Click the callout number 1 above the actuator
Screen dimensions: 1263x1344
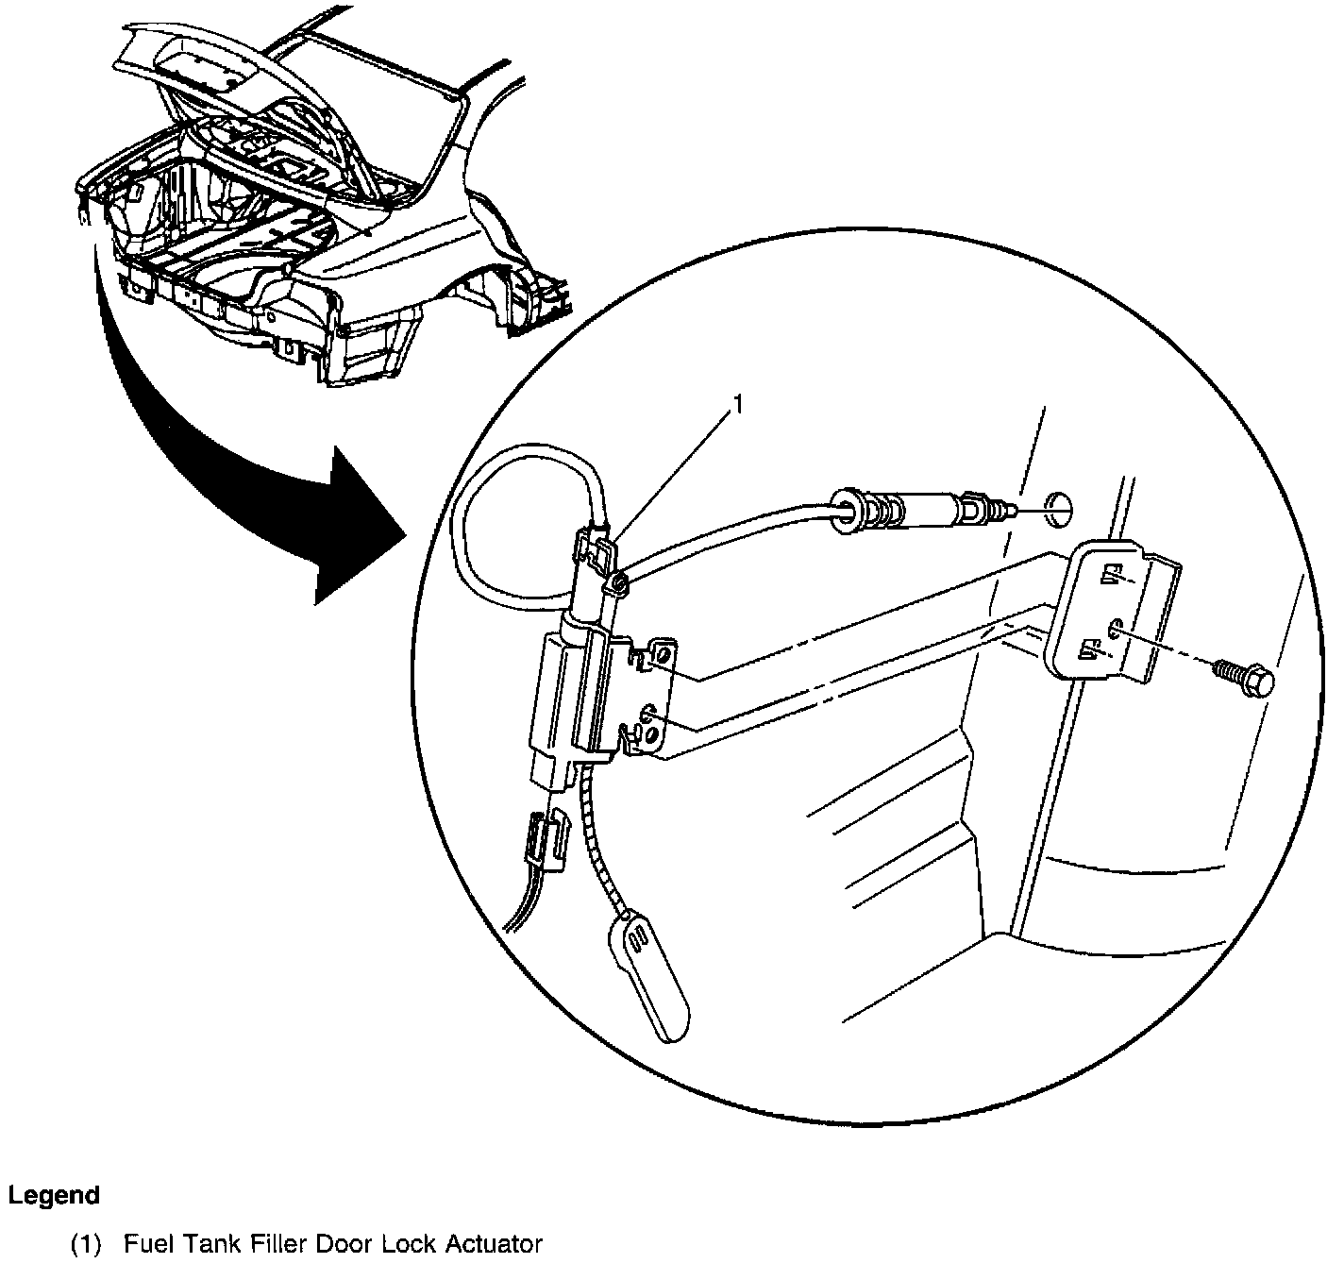(x=739, y=405)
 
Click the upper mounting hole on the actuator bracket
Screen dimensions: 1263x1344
(x=664, y=654)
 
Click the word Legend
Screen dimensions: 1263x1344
(x=54, y=1195)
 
